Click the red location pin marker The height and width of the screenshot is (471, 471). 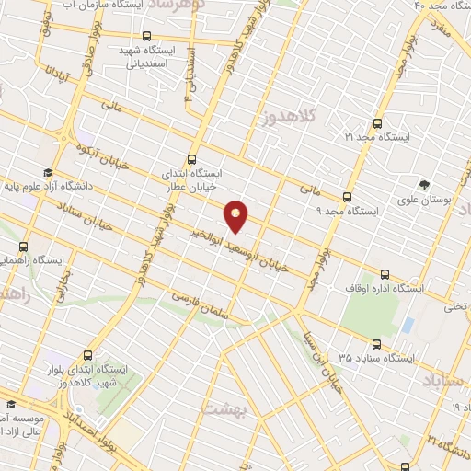click(x=236, y=215)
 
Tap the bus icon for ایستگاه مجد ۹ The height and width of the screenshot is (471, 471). click(x=347, y=196)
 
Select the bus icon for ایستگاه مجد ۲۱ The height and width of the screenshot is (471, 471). click(x=377, y=122)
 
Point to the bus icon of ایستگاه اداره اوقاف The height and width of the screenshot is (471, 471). click(x=385, y=273)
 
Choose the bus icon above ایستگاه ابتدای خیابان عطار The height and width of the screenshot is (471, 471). click(x=191, y=158)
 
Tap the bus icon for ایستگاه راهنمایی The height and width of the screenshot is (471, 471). click(x=23, y=247)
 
